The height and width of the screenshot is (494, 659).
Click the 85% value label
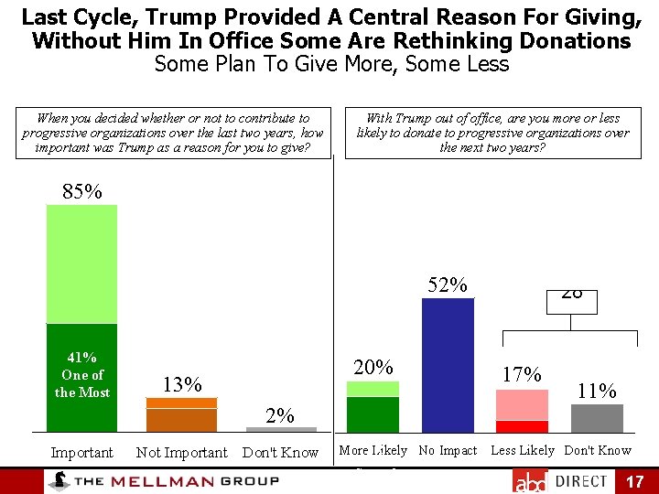tap(81, 191)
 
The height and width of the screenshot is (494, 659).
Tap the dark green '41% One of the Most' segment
tap(82, 377)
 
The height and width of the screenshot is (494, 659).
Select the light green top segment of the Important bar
tap(82, 263)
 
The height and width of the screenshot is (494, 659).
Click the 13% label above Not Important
tap(181, 384)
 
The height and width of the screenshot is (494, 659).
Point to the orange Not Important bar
tap(181, 414)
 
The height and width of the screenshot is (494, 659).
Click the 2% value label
tap(281, 416)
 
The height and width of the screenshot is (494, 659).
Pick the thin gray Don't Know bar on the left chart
tap(281, 429)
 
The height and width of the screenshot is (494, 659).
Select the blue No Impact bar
tap(448, 365)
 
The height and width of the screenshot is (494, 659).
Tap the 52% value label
tap(448, 285)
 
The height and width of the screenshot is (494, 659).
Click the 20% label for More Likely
tap(373, 368)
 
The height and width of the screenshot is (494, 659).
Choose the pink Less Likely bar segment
tap(522, 404)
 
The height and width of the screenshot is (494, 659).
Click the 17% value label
tap(522, 375)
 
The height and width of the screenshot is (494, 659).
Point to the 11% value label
tap(597, 392)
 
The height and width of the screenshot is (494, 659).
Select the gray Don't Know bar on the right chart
tap(597, 418)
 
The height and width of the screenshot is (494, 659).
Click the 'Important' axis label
tap(81, 453)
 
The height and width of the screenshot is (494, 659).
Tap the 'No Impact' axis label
tap(448, 450)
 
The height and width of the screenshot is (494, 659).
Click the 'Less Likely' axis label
tap(523, 450)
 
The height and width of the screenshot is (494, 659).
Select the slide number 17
tap(634, 481)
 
